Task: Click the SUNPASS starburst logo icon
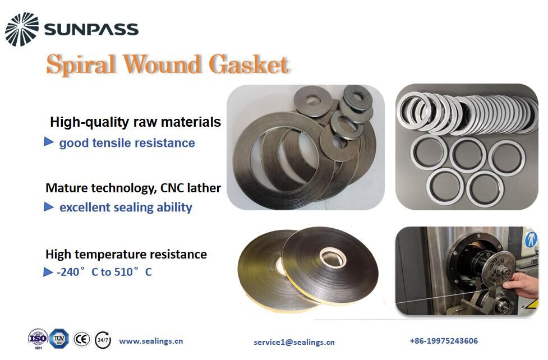coord(22,29)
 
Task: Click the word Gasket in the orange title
coord(249,64)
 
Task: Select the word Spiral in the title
coord(81,64)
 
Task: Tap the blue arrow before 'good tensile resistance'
coord(49,141)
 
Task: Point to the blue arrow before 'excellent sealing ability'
coord(49,207)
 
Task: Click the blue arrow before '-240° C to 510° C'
coord(48,271)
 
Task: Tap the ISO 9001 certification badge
coord(38,338)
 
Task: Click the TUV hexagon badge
coord(59,338)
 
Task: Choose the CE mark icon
coord(82,339)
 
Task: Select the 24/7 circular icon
coord(103,340)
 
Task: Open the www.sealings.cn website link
coord(151,341)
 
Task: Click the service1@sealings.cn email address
coord(294,342)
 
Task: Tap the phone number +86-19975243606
coord(444,341)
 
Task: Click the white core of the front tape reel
coord(333,257)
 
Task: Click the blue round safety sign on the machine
coord(531,239)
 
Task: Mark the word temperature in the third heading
coord(116,255)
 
